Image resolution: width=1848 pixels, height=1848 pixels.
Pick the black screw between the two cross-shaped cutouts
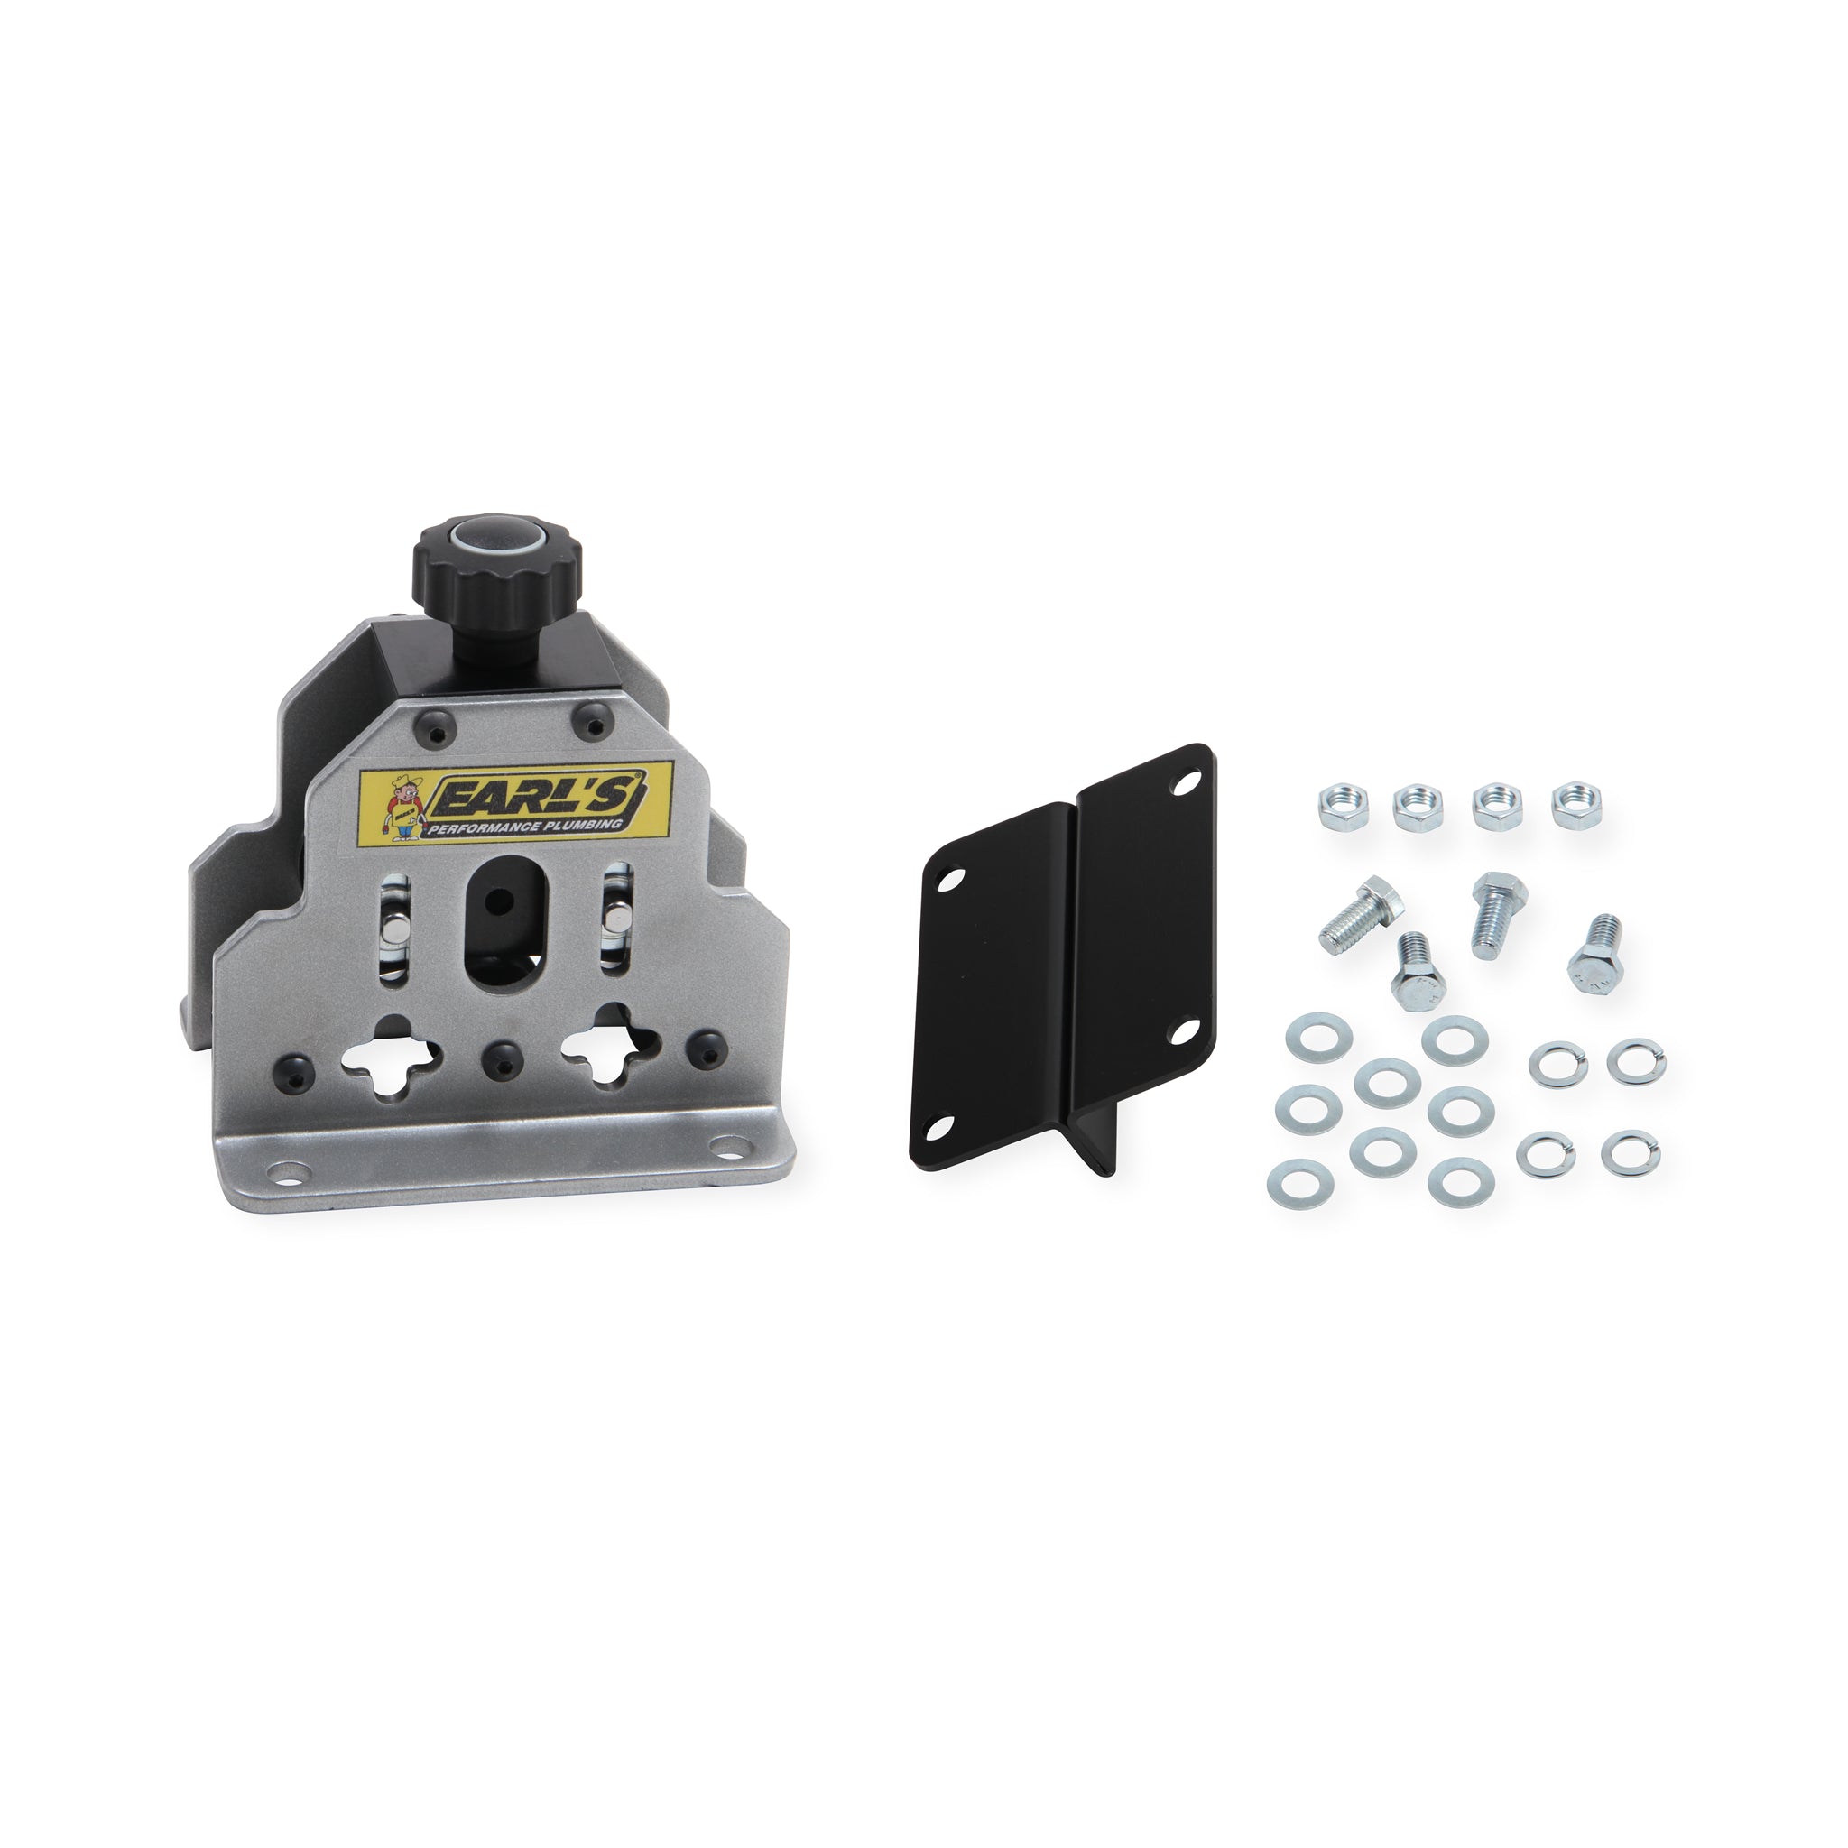pos(497,1054)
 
